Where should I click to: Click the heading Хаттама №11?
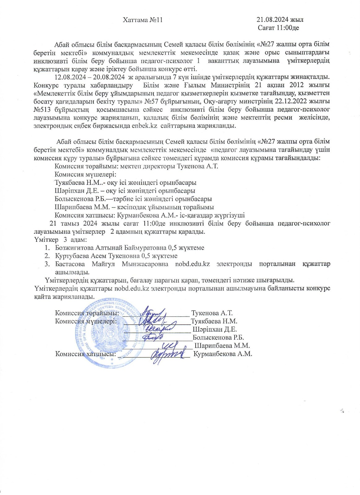coord(143,20)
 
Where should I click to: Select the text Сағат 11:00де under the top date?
coord(278,28)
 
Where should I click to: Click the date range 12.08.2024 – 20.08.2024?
coord(90,77)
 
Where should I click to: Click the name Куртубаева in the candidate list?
coord(72,256)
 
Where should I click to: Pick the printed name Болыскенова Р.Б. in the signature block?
coord(218,337)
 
